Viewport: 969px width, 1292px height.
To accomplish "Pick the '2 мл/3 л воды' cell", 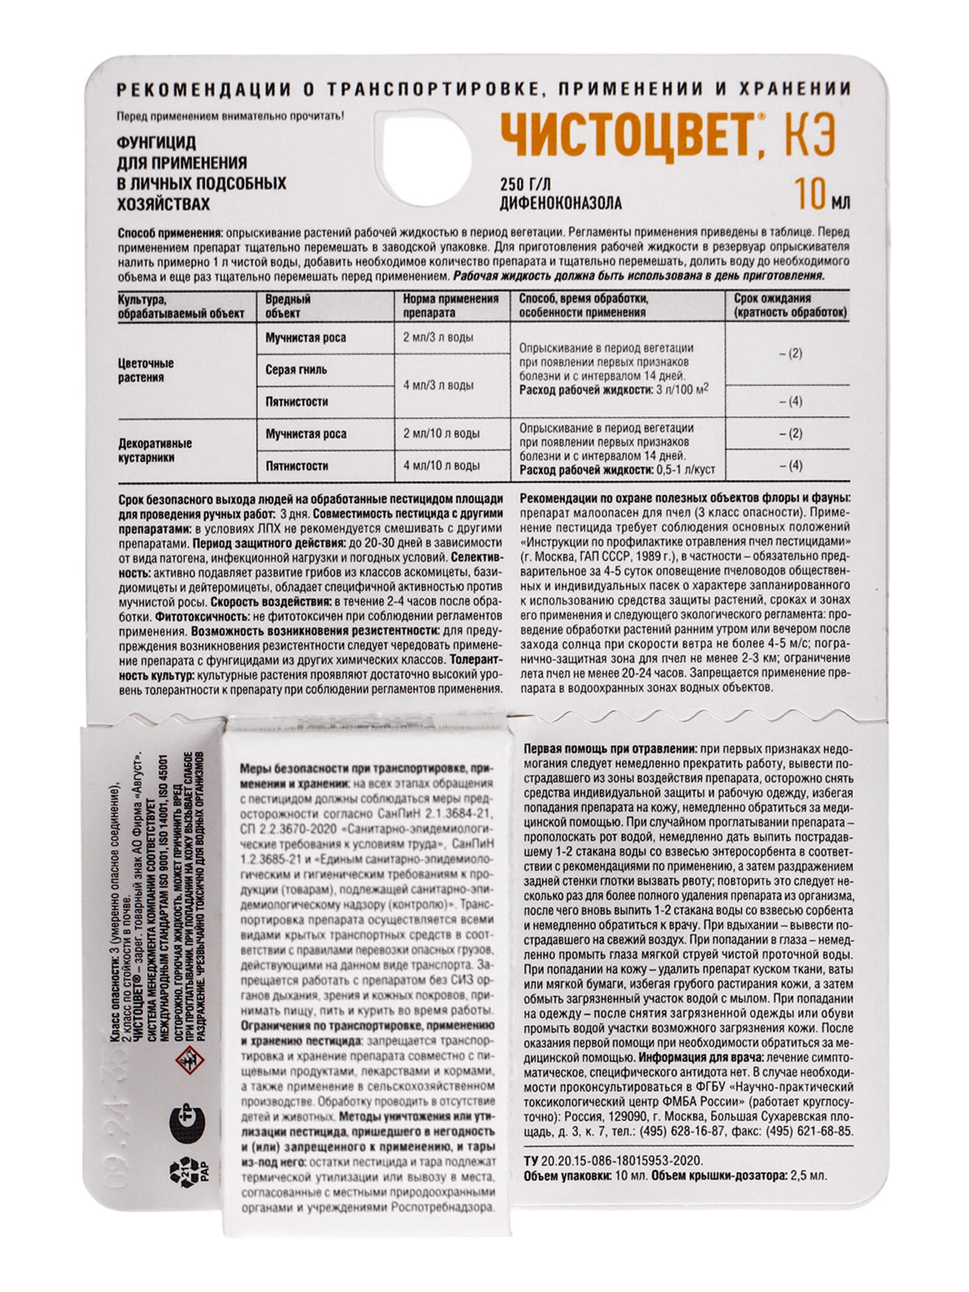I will click(438, 337).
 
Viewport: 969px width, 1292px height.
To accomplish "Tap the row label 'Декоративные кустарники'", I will click(154, 450).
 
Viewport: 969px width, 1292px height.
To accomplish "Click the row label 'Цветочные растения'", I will click(145, 370).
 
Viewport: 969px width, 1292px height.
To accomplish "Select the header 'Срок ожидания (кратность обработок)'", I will click(789, 306).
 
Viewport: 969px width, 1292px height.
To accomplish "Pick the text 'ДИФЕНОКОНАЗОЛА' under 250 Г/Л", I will click(560, 203).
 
